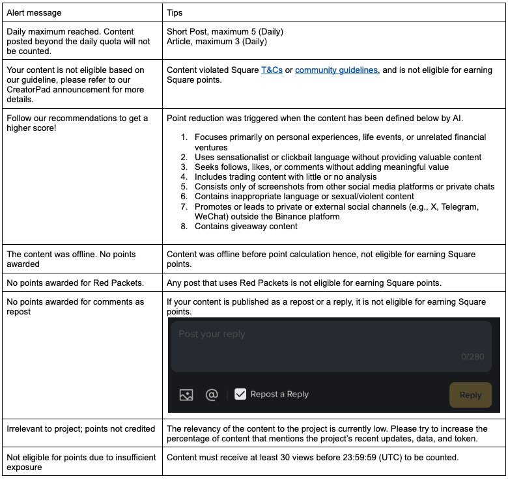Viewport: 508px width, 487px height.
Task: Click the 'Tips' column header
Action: pyautogui.click(x=175, y=12)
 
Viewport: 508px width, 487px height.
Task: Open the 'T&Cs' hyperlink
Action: pyautogui.click(x=272, y=70)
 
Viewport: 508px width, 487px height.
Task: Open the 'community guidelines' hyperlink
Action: pyautogui.click(x=336, y=70)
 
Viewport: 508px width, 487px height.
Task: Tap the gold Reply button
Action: pyautogui.click(x=470, y=395)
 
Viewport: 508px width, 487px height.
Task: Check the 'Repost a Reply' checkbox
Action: pyautogui.click(x=240, y=394)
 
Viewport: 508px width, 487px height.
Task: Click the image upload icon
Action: pyautogui.click(x=186, y=395)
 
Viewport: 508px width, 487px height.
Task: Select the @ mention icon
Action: pyautogui.click(x=211, y=395)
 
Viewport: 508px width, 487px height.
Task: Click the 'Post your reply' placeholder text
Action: pyautogui.click(x=212, y=334)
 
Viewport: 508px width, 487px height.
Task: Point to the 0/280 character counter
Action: pyautogui.click(x=473, y=357)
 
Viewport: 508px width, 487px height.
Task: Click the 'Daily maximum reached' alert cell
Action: pyautogui.click(x=78, y=41)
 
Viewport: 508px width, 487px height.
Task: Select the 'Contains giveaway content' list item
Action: pyautogui.click(x=246, y=226)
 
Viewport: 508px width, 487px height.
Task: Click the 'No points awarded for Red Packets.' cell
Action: pyautogui.click(x=75, y=283)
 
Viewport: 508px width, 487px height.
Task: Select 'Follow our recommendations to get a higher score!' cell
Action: pyautogui.click(x=78, y=123)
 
